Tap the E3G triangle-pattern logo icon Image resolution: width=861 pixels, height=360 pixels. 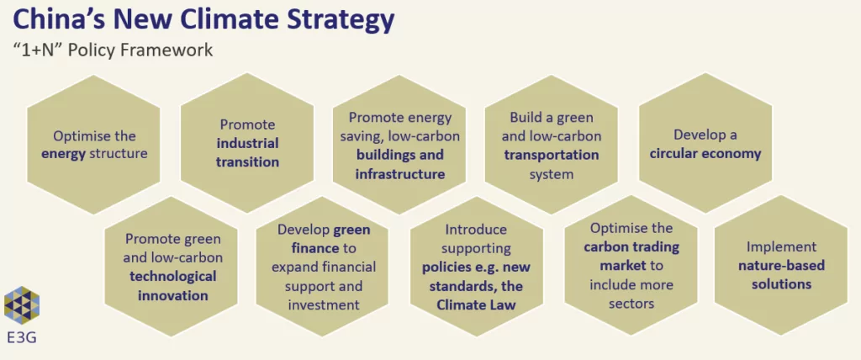(22, 305)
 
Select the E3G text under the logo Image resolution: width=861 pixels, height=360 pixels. (22, 336)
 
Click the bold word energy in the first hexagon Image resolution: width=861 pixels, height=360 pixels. (63, 153)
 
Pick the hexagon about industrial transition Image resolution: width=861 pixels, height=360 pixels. (247, 143)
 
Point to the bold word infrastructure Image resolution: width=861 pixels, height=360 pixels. (399, 174)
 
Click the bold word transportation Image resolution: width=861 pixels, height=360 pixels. (552, 155)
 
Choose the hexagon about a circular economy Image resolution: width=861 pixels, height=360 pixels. (705, 143)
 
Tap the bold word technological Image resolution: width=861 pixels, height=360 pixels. (173, 276)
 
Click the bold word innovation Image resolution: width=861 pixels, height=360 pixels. (173, 296)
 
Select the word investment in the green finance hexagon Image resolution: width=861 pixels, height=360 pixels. (324, 304)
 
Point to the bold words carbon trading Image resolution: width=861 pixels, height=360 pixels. (631, 246)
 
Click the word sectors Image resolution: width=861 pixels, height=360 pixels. (631, 304)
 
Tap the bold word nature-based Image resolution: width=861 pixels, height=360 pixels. (781, 266)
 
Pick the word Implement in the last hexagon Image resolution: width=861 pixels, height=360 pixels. (781, 246)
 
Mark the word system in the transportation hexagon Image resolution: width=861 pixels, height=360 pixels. (552, 175)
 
